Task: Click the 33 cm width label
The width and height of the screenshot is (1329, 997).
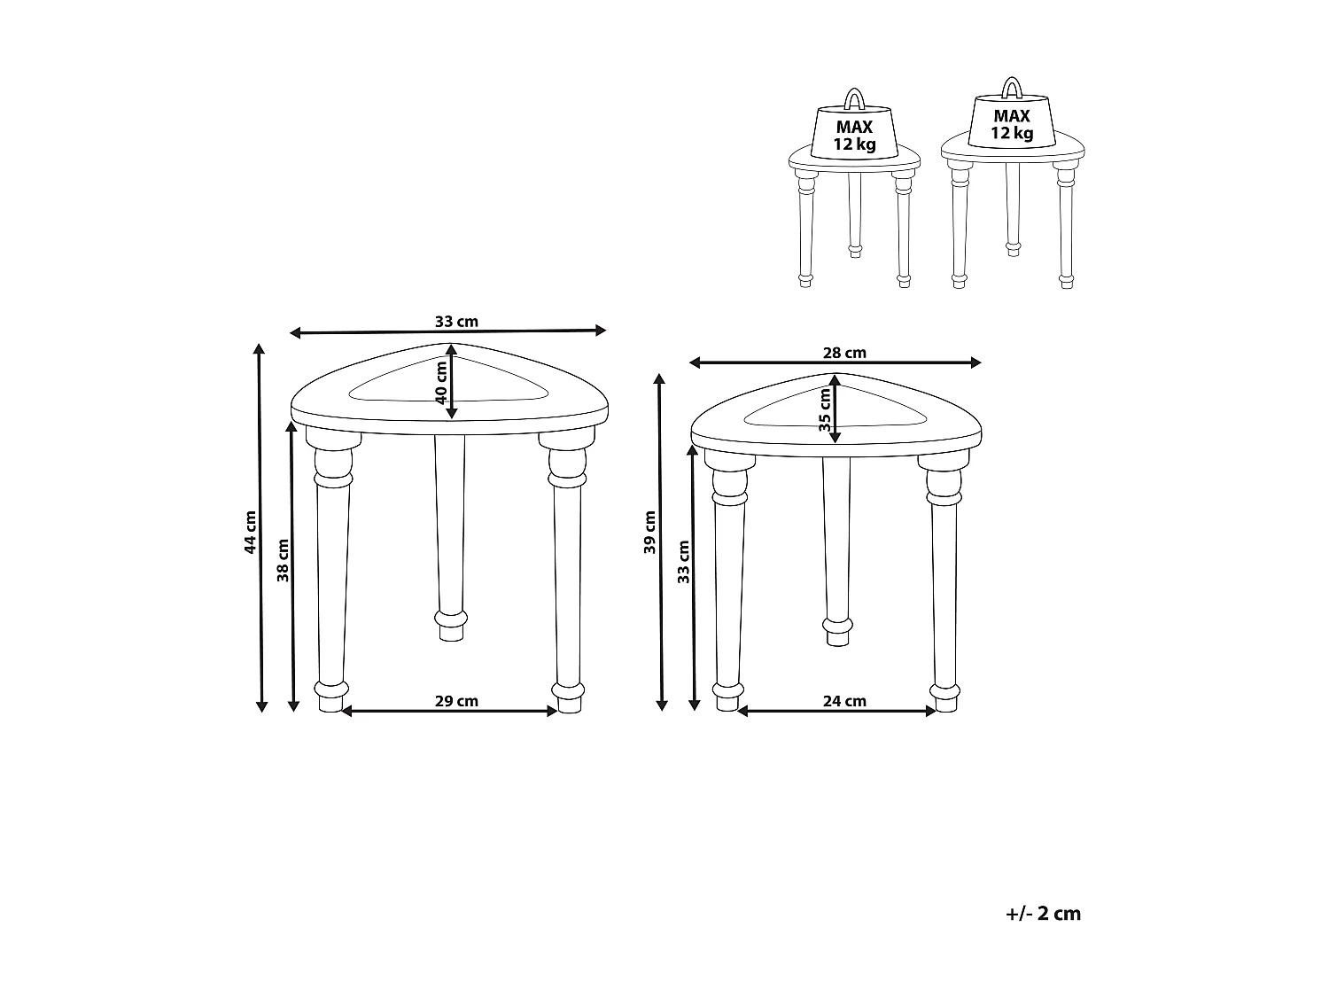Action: tap(456, 322)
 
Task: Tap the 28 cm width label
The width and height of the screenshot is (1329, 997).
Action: tap(844, 353)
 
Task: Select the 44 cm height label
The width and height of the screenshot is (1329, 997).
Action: tap(250, 532)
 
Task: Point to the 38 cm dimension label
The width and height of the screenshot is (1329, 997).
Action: tap(283, 561)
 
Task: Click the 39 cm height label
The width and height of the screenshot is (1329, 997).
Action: tap(649, 532)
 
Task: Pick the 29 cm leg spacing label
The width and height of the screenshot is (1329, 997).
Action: tap(456, 701)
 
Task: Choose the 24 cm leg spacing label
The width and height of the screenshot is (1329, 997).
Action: tap(844, 701)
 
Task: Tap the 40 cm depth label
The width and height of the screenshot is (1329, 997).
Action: tap(441, 383)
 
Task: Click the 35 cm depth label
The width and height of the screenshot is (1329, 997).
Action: tap(825, 409)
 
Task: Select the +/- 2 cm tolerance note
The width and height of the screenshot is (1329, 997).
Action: tap(1043, 914)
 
